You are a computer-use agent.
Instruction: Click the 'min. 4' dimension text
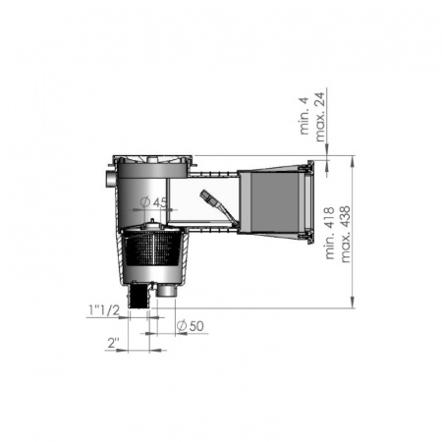coord(304,116)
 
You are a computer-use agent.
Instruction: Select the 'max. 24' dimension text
coord(319,117)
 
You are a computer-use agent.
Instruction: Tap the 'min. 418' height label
coord(329,233)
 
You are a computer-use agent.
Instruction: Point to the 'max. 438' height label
coord(346,234)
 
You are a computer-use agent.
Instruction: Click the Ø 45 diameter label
coord(153,202)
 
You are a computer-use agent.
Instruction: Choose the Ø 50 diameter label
coord(191,326)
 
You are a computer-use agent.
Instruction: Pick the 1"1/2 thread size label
coord(104,310)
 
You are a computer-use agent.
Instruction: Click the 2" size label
coord(113,343)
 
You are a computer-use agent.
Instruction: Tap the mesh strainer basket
coord(152,248)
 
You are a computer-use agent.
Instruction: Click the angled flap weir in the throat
coord(218,205)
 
